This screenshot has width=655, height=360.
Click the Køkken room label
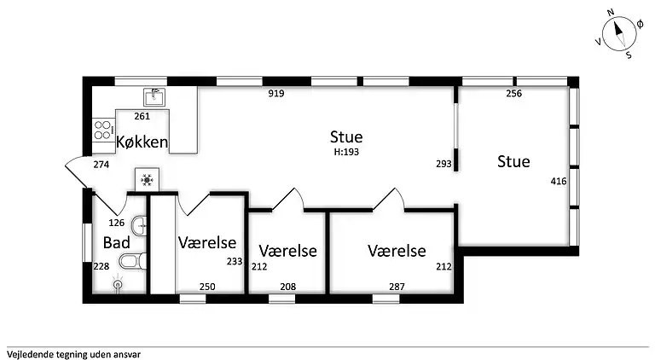[142, 142]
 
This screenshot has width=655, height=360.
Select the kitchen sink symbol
[154, 96]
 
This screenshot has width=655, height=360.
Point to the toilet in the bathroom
[128, 260]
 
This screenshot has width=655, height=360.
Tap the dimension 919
[275, 94]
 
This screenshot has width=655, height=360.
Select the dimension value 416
[559, 181]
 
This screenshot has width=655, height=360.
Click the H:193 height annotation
[346, 152]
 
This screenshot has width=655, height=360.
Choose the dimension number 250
[207, 287]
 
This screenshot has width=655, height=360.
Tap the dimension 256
[514, 94]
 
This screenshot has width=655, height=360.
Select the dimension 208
[287, 287]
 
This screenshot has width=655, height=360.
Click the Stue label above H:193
[346, 136]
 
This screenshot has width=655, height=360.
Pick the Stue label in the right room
[513, 161]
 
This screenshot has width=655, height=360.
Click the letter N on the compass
[611, 13]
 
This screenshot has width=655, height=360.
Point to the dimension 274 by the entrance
[101, 164]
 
